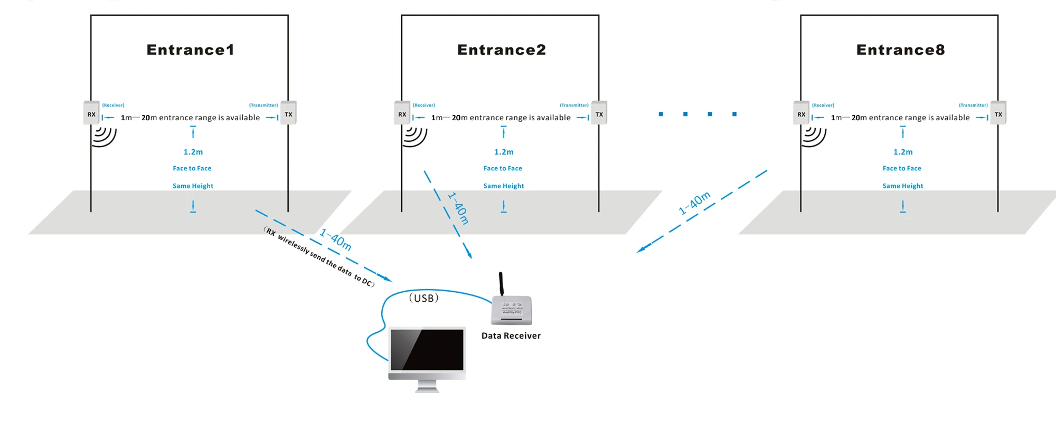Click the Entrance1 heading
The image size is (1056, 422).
coord(190,50)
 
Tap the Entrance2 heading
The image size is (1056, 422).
coord(501,50)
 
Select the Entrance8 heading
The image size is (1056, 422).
coord(900,50)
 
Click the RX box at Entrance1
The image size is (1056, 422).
coord(91,113)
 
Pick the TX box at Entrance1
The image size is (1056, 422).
coord(288,113)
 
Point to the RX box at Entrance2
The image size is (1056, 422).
coord(402,113)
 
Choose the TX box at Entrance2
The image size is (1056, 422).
coord(599,113)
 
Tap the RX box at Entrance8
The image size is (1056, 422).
coord(801,113)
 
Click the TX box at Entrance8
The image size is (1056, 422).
coord(998,113)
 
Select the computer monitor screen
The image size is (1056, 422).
coord(427,350)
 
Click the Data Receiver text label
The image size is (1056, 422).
coord(511,336)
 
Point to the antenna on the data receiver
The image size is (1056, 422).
coord(501,284)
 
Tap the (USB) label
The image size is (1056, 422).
coord(423,299)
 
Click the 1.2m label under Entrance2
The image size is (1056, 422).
coord(504,152)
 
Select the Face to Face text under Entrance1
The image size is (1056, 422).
coord(192,168)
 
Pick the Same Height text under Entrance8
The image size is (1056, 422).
coord(903,186)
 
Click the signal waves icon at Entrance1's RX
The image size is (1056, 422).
coord(103,136)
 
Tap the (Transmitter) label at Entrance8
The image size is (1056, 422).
coord(973,105)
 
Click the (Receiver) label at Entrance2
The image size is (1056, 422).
coord(424,105)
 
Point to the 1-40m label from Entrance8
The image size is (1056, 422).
coord(695,203)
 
